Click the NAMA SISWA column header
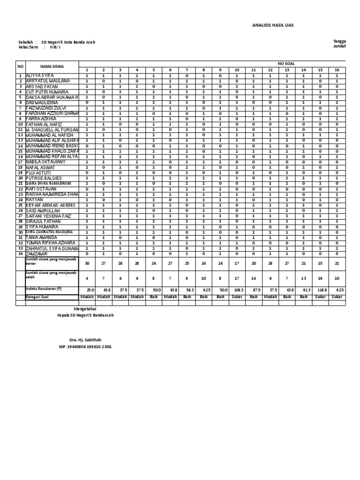coord(52,67)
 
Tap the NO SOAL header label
coord(286,63)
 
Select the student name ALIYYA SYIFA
coord(39,75)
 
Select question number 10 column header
coord(236,70)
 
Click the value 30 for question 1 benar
coord(87,263)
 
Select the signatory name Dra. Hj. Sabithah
coord(85,339)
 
